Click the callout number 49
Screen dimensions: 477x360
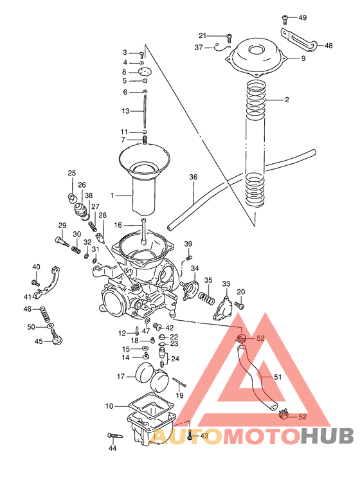coord(303,17)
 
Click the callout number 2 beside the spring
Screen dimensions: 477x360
coord(287,100)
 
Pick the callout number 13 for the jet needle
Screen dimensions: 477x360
coord(126,111)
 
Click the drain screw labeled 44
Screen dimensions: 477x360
coord(113,437)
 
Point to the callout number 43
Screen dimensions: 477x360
coord(204,437)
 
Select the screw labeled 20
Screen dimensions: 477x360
coord(240,304)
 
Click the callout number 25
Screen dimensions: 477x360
coord(72,173)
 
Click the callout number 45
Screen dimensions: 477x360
coord(39,341)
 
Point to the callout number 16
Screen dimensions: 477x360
coord(118,226)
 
